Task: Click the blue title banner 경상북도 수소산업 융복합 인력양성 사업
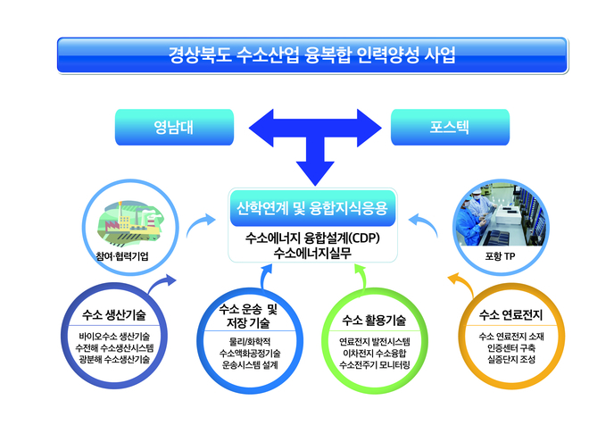(312, 54)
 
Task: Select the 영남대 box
(174, 127)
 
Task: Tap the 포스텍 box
(450, 127)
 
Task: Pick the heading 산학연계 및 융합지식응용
(312, 208)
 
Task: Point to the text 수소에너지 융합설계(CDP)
(312, 238)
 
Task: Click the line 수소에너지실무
(312, 253)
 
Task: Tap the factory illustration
(129, 222)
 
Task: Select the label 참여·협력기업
(122, 256)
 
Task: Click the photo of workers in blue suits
(501, 215)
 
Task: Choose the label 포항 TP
(500, 256)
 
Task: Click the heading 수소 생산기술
(114, 315)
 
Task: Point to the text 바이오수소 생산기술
(114, 337)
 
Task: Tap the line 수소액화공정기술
(250, 354)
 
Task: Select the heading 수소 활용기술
(374, 321)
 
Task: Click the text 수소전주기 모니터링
(375, 364)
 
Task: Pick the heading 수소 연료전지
(510, 314)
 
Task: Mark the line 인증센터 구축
(511, 347)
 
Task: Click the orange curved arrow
(463, 284)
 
